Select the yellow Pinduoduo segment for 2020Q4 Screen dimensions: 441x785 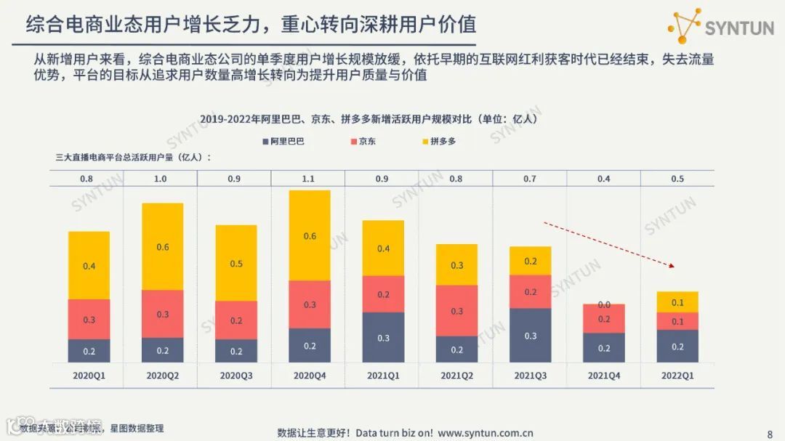[x=310, y=235]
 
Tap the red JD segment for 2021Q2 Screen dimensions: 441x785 [x=456, y=310]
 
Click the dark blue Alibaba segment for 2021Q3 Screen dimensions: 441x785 [x=531, y=335]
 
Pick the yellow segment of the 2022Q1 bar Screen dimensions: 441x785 [x=677, y=302]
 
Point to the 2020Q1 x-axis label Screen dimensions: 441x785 [x=89, y=376]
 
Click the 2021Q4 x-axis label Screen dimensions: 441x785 [x=604, y=376]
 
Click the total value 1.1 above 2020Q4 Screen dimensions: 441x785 [x=310, y=179]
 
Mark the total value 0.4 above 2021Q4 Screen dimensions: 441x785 [x=604, y=179]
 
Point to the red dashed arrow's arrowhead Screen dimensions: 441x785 [x=673, y=267]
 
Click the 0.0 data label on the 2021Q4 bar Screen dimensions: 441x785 [x=604, y=305]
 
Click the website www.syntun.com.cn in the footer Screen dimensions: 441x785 [x=485, y=433]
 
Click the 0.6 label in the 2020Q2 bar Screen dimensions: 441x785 [x=162, y=247]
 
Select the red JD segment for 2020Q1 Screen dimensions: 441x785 [x=89, y=319]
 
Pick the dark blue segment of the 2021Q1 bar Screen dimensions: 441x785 [x=383, y=337]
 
